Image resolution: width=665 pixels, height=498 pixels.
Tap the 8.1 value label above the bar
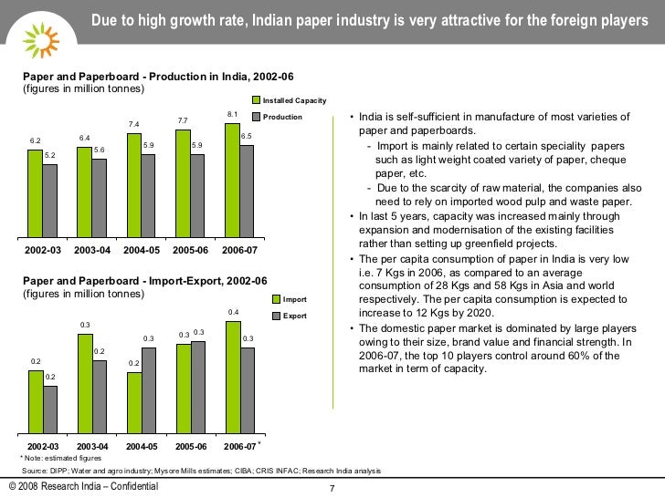point(232,114)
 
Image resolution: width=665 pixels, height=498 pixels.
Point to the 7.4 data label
point(133,124)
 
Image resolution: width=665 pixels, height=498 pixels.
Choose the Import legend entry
point(294,299)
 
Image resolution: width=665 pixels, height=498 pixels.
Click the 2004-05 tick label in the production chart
point(148,249)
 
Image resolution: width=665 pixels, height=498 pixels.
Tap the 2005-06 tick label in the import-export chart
point(190,446)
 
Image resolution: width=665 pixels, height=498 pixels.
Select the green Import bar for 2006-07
point(232,376)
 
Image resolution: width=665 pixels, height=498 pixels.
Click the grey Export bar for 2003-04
point(99,396)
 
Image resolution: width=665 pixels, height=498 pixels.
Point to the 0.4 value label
point(233,312)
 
